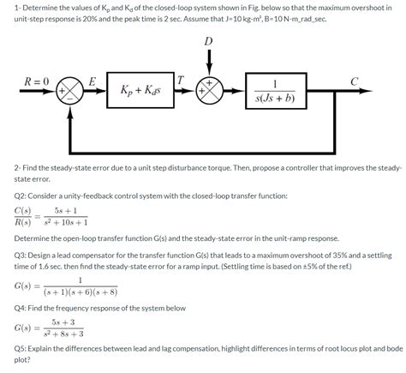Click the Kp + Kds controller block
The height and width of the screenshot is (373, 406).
coord(140,90)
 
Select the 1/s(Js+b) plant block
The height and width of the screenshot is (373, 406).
coord(276,91)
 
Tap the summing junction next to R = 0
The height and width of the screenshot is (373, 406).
coord(69,91)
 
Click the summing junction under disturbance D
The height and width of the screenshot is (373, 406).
coord(209,91)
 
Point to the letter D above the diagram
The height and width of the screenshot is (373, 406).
coord(209,41)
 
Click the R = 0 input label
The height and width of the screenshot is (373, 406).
coord(37,81)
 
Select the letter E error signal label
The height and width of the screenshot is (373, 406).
coord(92,81)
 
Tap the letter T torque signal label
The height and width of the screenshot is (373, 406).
coord(181,80)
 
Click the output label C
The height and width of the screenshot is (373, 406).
coord(354,81)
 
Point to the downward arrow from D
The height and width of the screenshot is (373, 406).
coord(209,63)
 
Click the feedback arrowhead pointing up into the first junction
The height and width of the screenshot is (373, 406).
coord(70,112)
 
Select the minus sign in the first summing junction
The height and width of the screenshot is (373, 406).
coord(70,99)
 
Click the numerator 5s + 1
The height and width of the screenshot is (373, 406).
coord(66,211)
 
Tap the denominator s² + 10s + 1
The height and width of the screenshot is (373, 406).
coord(66,222)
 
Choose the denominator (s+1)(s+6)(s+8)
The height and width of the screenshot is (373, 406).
coord(81,292)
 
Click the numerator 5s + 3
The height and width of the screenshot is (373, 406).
coord(63,322)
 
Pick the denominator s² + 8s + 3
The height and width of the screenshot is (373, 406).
coord(63,334)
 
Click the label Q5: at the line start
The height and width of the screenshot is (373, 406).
coord(20,349)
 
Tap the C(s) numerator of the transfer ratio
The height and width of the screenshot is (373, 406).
coord(23,211)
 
